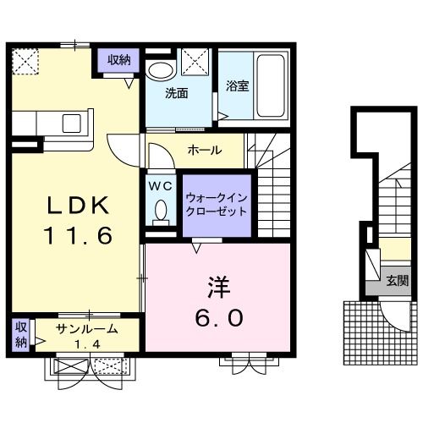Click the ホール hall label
pos(204,151)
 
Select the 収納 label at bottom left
pos(20,333)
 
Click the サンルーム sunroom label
pos(85,328)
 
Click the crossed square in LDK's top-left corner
pos(25,61)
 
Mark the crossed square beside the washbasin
pos(195,63)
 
